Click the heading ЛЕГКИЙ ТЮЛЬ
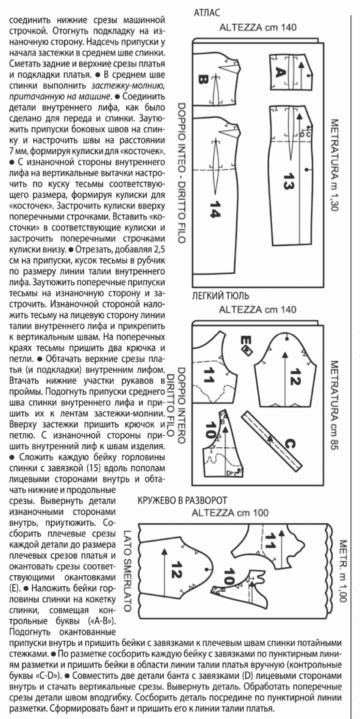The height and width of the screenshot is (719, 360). pyautogui.click(x=221, y=295)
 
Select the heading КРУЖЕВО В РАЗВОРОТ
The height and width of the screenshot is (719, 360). pyautogui.click(x=183, y=501)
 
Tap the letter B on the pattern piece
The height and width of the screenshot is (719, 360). pyautogui.click(x=203, y=79)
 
